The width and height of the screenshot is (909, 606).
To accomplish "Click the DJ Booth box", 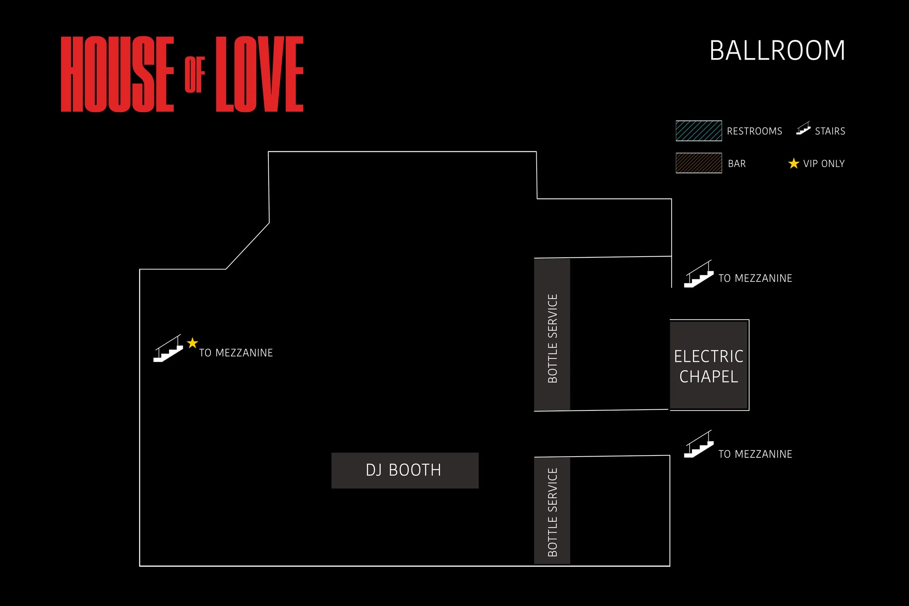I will [405, 470].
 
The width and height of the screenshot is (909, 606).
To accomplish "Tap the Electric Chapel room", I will [709, 365].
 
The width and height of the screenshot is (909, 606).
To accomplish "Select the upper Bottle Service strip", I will [552, 335].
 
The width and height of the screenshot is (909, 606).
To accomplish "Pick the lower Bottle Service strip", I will [552, 510].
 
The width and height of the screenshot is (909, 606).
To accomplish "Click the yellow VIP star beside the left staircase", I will [192, 343].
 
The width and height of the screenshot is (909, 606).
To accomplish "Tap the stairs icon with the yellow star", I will [168, 349].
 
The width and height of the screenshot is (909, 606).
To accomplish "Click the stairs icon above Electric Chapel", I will [699, 274].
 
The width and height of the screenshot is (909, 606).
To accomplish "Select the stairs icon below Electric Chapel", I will [699, 444].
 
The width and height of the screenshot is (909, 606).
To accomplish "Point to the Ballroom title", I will [777, 51].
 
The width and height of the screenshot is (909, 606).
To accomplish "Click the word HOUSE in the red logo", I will [117, 74].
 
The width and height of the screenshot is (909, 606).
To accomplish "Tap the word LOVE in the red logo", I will [259, 74].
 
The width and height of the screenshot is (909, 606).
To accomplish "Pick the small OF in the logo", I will [195, 75].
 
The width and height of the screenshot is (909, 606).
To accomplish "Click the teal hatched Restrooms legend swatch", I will [699, 131].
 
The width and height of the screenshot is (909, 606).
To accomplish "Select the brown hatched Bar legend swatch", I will [699, 163].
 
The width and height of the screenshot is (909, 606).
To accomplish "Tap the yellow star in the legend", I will [793, 164].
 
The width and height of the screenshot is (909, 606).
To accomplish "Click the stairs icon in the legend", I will [803, 128].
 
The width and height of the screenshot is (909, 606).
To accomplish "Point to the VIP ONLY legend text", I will [824, 164].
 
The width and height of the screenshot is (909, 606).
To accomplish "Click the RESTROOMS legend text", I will [754, 131].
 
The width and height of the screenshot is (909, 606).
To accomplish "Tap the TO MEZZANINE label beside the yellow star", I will [236, 353].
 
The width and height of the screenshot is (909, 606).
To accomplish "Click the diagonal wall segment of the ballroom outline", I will [247, 246].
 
